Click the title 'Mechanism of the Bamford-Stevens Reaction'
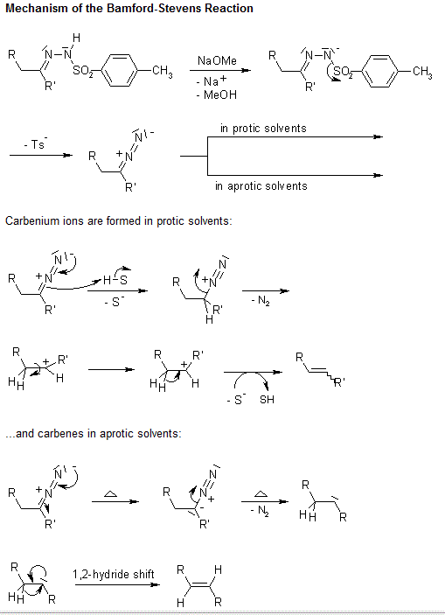[129, 9]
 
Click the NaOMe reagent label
[217, 60]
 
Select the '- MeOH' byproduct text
[217, 94]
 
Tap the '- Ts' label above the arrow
[36, 144]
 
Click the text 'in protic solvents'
[263, 129]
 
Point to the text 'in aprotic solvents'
[261, 186]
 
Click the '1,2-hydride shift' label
[114, 575]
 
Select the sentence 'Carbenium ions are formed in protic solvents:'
[118, 221]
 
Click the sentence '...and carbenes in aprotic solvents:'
[94, 434]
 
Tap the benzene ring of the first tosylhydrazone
[120, 71]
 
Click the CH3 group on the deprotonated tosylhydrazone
[422, 72]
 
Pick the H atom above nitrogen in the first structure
[76, 38]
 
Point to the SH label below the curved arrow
[267, 400]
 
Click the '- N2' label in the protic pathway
[261, 302]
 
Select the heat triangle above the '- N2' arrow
[261, 493]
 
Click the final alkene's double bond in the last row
[201, 585]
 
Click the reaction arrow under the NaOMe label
[220, 71]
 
